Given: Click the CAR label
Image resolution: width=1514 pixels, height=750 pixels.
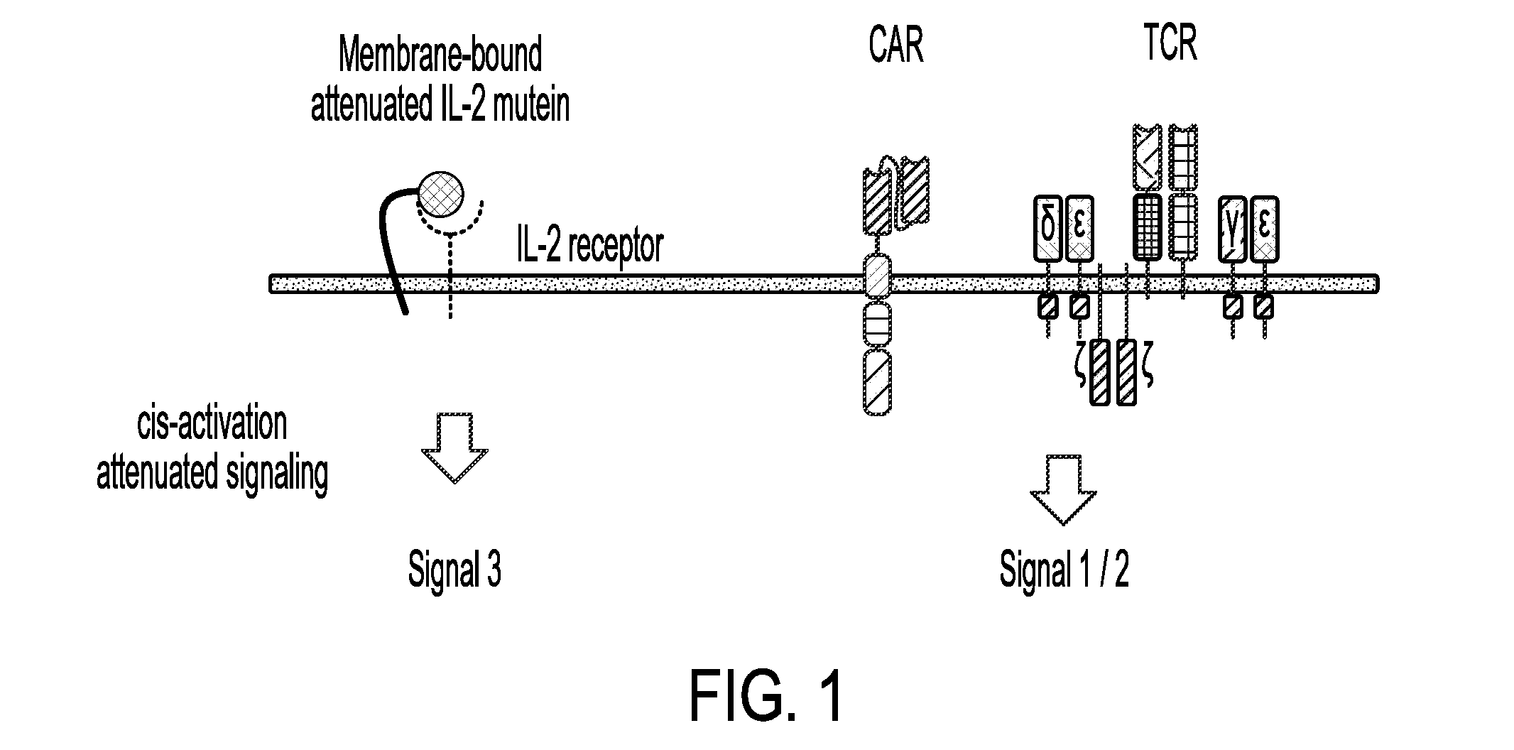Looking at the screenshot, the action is pyautogui.click(x=896, y=45).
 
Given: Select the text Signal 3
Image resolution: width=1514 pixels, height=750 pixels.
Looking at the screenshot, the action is pyautogui.click(x=454, y=570).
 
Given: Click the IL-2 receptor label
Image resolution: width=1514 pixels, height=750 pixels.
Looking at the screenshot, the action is pyautogui.click(x=589, y=246).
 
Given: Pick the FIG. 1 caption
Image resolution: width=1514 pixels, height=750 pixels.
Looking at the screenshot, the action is pyautogui.click(x=767, y=695).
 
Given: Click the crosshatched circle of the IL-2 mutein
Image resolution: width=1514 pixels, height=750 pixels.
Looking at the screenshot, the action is pyautogui.click(x=440, y=193).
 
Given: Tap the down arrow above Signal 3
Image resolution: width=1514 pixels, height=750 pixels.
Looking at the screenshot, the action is pyautogui.click(x=454, y=449).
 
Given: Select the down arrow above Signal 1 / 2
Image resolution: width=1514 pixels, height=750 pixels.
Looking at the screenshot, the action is pyautogui.click(x=1063, y=490).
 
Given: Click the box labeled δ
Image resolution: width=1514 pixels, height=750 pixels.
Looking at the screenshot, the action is pyautogui.click(x=1048, y=228).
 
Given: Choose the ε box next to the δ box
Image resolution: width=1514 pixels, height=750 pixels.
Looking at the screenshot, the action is pyautogui.click(x=1079, y=228).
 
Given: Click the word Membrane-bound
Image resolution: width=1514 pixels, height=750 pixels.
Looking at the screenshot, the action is pyautogui.click(x=440, y=55).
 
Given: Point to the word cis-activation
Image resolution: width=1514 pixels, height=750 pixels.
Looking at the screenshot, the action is pyautogui.click(x=212, y=424).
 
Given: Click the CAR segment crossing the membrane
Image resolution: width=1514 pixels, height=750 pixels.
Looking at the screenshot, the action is pyautogui.click(x=877, y=277).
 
